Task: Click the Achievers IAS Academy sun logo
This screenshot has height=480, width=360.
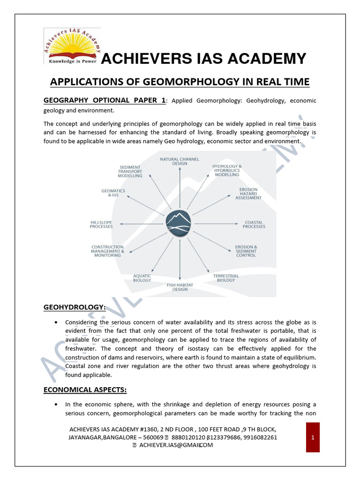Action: [x=70, y=46]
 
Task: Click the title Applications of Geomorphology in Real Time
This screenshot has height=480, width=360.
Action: [x=180, y=82]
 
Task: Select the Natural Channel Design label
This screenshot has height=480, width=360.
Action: [x=176, y=161]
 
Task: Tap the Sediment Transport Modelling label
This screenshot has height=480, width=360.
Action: [x=130, y=172]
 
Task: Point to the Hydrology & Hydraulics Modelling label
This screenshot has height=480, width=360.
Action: [x=227, y=170]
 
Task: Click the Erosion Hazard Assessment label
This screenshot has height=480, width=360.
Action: [x=248, y=194]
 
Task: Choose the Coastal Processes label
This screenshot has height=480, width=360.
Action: [x=254, y=225]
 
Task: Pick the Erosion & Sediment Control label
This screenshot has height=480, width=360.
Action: [x=246, y=251]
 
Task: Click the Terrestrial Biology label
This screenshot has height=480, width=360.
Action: [x=226, y=278]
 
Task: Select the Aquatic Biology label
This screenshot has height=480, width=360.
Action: [x=142, y=278]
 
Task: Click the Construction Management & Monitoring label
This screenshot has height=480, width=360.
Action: [x=107, y=251]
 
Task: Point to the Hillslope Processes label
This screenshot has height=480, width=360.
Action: [x=101, y=225]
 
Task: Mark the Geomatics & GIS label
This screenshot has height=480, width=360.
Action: [x=113, y=193]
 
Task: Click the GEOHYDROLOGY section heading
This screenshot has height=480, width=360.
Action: [x=75, y=307]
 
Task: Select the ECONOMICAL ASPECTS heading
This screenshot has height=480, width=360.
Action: [x=85, y=390]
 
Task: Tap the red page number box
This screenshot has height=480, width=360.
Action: [x=313, y=437]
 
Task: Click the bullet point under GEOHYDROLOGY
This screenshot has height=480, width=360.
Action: [x=56, y=322]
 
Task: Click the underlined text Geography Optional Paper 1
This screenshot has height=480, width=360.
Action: [x=105, y=100]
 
